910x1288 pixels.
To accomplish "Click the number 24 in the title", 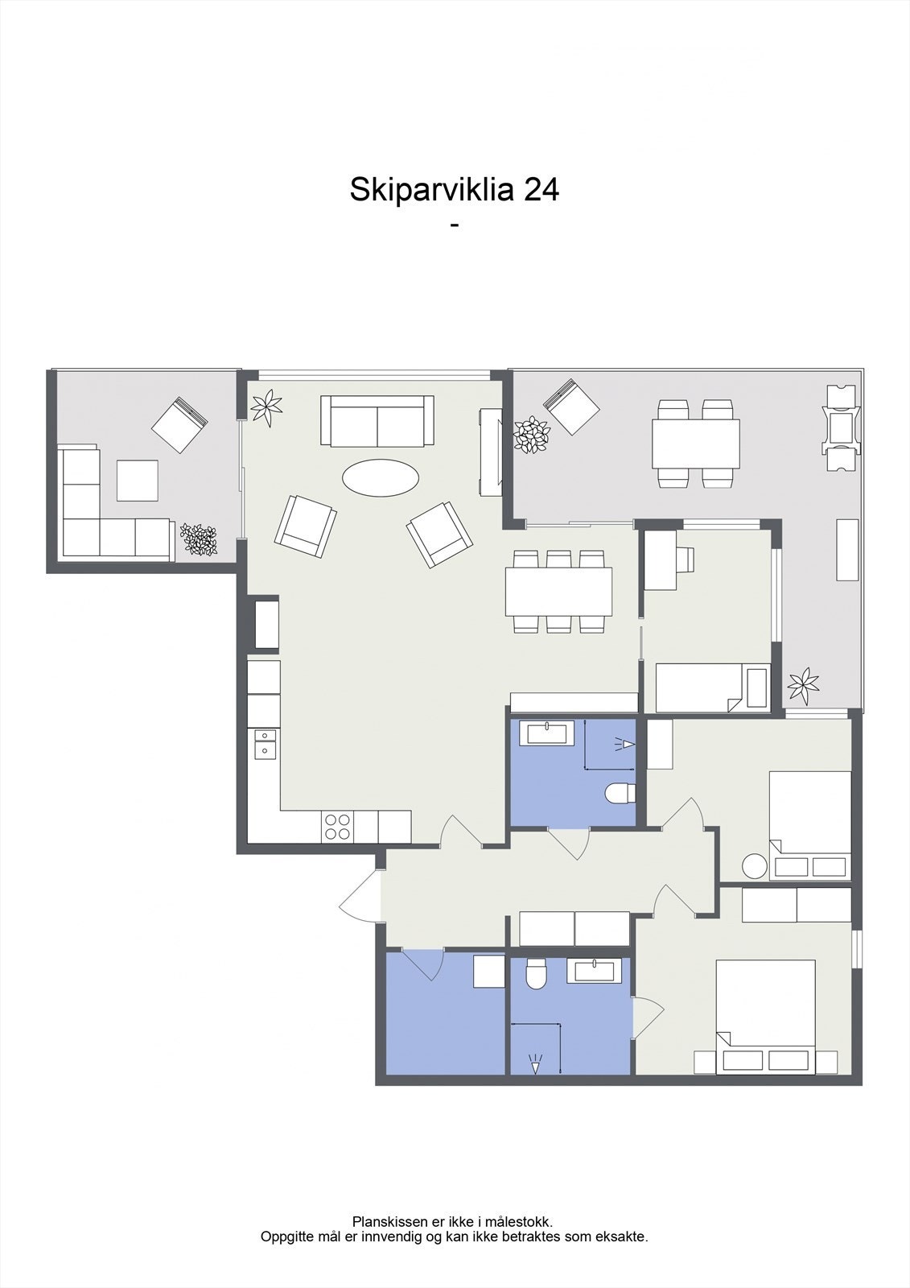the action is tap(541, 190).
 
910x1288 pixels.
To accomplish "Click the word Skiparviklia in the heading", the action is tap(431, 190).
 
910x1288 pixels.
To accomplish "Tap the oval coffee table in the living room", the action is tap(381, 476).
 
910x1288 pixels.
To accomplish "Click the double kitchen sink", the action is tap(264, 743).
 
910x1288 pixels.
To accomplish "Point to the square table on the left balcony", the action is tap(138, 481).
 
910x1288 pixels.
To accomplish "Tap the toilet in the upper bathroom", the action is tap(620, 794).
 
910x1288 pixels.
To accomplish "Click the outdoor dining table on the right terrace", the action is tap(696, 444).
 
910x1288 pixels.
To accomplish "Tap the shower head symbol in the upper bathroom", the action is tap(625, 745).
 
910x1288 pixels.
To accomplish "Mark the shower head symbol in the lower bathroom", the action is tap(535, 1063).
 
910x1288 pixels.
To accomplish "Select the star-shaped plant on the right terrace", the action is tap(803, 684).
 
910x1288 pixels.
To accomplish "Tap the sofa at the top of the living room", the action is tap(377, 420).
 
